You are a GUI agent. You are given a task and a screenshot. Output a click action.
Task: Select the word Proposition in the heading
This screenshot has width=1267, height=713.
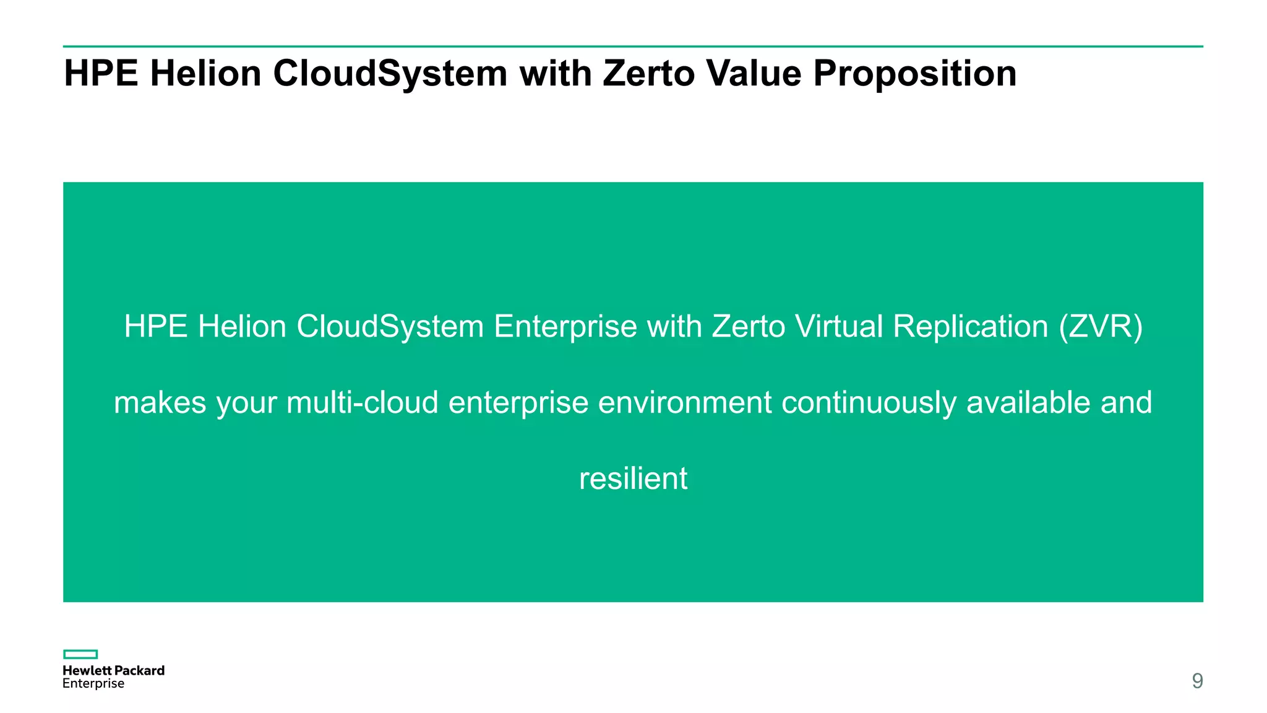(x=914, y=74)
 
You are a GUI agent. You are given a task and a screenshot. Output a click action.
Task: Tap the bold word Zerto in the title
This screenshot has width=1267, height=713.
(x=649, y=73)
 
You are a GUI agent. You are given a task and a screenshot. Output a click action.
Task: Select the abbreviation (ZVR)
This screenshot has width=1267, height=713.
(x=1101, y=326)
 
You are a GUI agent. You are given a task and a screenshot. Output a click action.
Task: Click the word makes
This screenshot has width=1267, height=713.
(x=160, y=402)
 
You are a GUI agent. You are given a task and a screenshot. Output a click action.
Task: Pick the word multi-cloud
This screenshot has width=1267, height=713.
(x=363, y=402)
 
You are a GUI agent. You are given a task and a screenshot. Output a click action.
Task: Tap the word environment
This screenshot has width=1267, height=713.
(x=685, y=402)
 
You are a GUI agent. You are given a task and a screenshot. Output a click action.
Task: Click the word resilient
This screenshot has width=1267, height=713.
(x=633, y=478)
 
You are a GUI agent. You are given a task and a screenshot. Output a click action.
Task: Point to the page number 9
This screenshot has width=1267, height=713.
(x=1197, y=681)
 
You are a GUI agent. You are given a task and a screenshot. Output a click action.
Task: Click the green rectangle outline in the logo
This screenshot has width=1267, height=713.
(x=80, y=654)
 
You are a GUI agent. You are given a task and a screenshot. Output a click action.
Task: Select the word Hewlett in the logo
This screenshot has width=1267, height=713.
(x=87, y=670)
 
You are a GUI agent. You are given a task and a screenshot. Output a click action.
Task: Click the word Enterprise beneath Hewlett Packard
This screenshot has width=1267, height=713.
(x=93, y=684)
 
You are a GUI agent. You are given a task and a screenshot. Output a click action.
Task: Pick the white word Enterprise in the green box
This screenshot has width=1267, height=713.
(x=565, y=327)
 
